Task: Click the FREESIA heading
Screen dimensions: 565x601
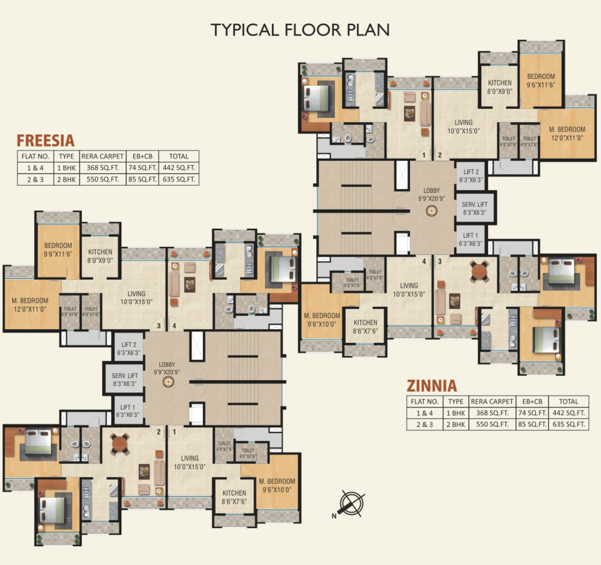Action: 45,141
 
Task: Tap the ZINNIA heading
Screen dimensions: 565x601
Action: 432,386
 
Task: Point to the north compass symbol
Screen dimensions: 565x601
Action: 351,504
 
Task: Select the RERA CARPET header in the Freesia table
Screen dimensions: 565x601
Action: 103,156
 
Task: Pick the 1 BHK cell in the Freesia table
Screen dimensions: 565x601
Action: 66,168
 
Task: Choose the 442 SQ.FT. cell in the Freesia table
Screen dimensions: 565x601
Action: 179,168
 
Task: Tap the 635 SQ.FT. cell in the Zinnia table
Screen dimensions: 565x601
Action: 568,424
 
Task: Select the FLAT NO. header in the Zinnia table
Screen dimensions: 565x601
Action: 425,401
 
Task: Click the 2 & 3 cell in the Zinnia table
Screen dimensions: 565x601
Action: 425,424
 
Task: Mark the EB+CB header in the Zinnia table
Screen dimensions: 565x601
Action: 532,401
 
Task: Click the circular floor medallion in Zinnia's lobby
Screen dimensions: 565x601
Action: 432,211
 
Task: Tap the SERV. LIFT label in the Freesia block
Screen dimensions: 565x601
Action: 125,380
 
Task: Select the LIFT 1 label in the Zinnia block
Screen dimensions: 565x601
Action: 470,240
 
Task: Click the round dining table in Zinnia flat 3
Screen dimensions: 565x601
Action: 479,271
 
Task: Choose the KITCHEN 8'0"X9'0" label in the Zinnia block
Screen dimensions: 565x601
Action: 499,87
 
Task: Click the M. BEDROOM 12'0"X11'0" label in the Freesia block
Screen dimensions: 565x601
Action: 30,305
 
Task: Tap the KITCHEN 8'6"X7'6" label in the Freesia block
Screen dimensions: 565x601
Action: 234,497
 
